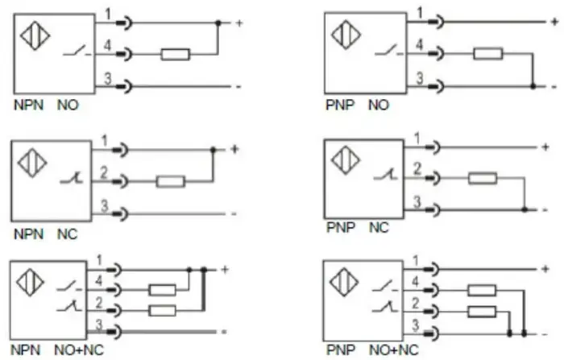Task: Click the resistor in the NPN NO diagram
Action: pos(176,55)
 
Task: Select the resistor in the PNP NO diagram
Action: pos(488,54)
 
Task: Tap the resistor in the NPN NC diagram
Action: pos(171,182)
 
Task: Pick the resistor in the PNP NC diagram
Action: pos(483,178)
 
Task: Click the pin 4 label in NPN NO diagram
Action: pos(107,46)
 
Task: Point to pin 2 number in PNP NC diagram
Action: pos(417,168)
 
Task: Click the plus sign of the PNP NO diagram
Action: pos(554,22)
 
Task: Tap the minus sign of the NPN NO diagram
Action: pos(238,87)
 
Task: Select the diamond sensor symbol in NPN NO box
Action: pos(35,35)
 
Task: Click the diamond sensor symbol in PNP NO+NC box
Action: pos(344,283)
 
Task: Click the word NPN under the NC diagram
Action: pos(28,234)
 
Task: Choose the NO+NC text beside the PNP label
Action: pos(393,350)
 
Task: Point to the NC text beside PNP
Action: pos(379,228)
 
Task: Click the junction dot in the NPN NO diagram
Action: pos(218,23)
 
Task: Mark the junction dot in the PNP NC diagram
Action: pos(525,209)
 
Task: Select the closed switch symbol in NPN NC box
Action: pos(72,178)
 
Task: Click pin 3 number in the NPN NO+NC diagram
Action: pos(99,325)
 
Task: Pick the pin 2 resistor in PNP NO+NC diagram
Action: pos(482,312)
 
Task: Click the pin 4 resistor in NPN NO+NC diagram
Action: pos(162,290)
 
